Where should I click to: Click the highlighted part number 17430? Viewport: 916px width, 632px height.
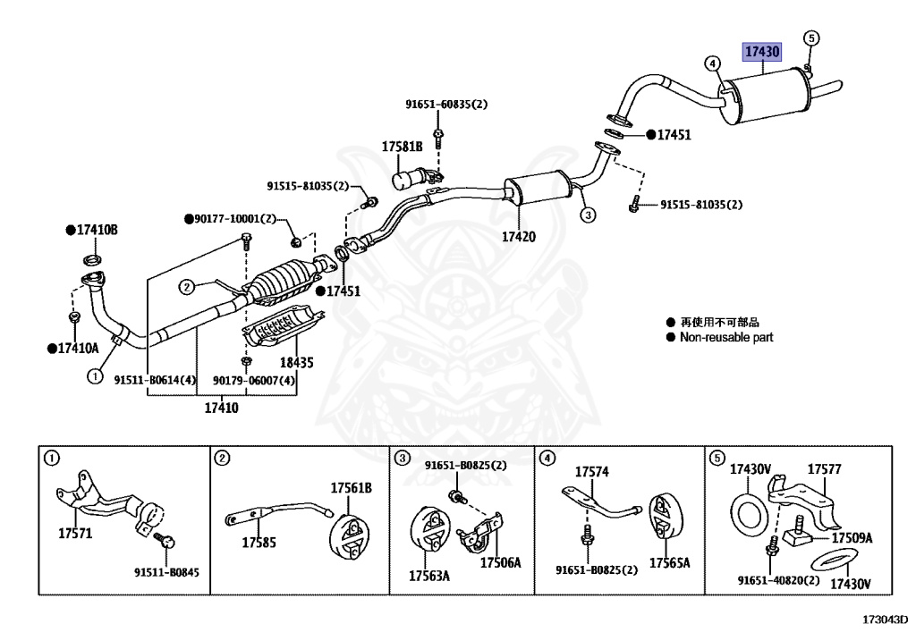tap(762, 53)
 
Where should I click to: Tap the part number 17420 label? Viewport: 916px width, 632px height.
tap(518, 237)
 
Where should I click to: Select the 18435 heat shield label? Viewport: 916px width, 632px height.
tap(298, 363)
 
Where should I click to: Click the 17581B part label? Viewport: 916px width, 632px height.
tap(403, 146)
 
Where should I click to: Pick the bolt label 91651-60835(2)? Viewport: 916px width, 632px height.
tap(446, 105)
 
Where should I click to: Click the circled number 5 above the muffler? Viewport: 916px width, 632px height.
tap(811, 38)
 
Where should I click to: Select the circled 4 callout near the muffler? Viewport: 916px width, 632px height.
tap(712, 63)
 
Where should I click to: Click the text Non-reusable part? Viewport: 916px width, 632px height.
tap(726, 337)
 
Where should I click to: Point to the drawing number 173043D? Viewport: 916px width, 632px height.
tap(885, 618)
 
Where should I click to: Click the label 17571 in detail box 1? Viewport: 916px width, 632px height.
tap(76, 534)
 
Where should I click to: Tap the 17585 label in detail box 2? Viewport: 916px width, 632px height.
tap(259, 542)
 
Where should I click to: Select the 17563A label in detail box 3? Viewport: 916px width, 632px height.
tap(429, 576)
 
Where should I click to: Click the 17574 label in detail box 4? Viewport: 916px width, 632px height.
tap(591, 471)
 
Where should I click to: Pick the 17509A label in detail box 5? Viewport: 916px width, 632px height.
tap(852, 538)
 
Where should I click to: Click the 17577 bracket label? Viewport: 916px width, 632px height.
tap(825, 468)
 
